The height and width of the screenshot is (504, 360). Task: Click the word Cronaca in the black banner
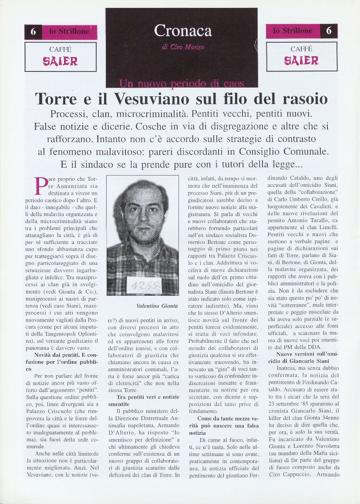point(182,30)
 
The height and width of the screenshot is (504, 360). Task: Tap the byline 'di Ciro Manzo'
point(182,47)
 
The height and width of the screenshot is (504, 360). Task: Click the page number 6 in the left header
point(33,32)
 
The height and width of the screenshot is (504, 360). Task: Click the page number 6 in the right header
point(329,31)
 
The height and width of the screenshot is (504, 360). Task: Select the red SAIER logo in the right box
point(301,60)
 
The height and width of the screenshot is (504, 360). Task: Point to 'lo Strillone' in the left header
point(69,32)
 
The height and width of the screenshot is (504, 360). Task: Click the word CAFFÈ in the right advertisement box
point(301,49)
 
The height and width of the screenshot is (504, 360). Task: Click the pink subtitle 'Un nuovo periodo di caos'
point(182,83)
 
